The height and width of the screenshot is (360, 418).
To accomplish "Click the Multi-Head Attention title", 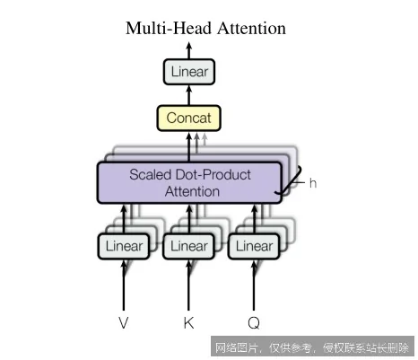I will [205, 29].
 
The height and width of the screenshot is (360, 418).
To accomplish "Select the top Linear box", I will [189, 71].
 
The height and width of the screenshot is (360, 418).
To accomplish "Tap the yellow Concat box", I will [188, 118].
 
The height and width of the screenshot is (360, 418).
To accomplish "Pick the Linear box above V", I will [124, 245].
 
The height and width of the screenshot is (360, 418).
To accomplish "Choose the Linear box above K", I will [188, 245].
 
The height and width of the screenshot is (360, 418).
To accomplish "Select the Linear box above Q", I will [253, 245].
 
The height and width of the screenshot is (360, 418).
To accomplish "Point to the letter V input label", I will [124, 320].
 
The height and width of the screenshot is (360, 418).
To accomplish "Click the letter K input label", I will [188, 320].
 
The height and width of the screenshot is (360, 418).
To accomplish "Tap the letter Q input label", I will [253, 320].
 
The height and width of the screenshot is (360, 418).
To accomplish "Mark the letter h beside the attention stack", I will [313, 182].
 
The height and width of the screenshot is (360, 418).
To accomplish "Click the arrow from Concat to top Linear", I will [189, 94].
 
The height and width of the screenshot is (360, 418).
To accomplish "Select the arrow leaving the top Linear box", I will [189, 49].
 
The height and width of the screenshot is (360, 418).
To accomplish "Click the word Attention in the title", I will [250, 29].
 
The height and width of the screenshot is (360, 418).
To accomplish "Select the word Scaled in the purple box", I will [150, 173].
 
